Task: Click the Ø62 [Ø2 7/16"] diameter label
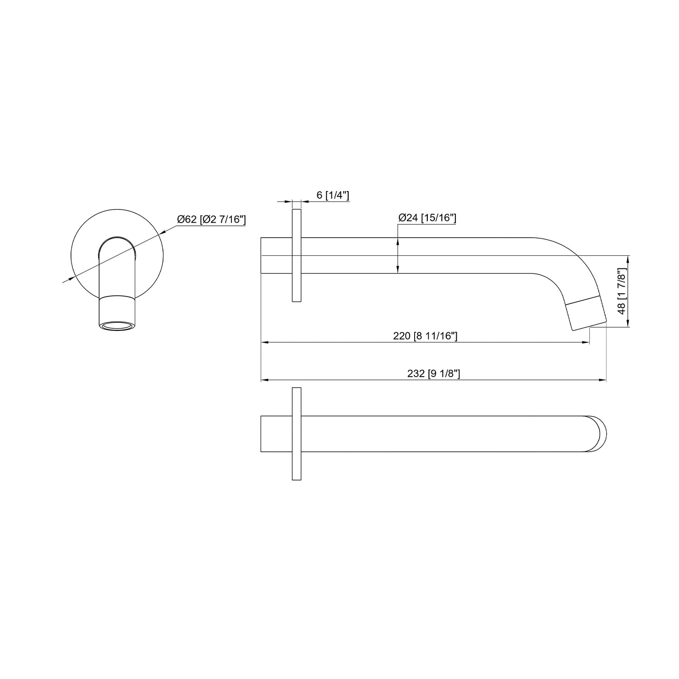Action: pyautogui.click(x=211, y=220)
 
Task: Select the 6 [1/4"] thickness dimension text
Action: pyautogui.click(x=333, y=195)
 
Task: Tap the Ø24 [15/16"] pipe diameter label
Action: pyautogui.click(x=427, y=218)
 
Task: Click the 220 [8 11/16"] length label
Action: pyautogui.click(x=426, y=336)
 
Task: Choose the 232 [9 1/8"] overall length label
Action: pyautogui.click(x=434, y=373)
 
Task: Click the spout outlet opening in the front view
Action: pyautogui.click(x=116, y=325)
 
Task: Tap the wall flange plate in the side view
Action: pyautogui.click(x=296, y=255)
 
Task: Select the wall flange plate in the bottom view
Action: pyautogui.click(x=296, y=434)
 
